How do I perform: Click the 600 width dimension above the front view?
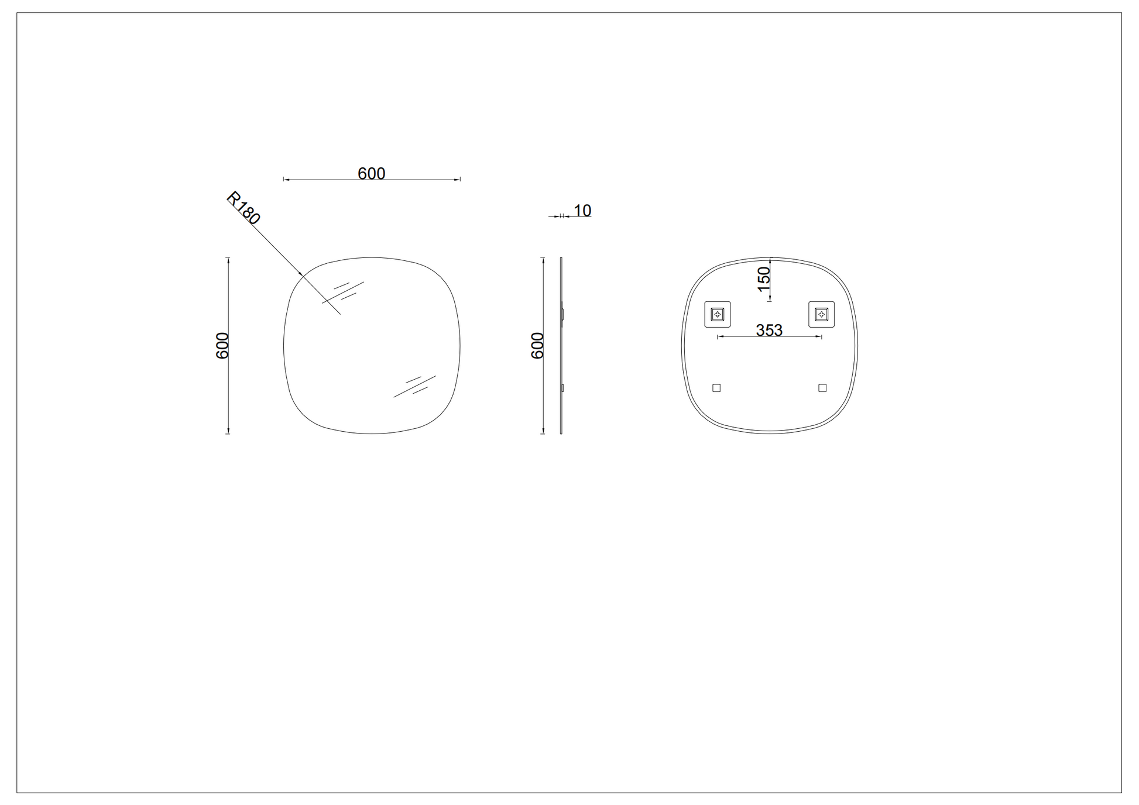tap(372, 174)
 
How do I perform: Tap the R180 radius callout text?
tap(243, 208)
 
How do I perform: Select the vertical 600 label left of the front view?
tap(222, 346)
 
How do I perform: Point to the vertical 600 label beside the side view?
tap(537, 346)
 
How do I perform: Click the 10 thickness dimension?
tap(582, 211)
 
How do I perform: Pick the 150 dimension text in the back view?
tap(764, 279)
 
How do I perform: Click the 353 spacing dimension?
tap(769, 331)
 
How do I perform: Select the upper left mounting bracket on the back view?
tap(718, 315)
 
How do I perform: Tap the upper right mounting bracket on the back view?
tap(822, 315)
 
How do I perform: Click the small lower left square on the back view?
tap(716, 388)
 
